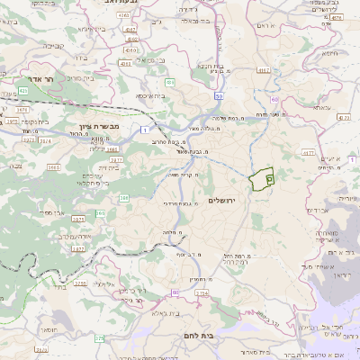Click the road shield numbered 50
pyautogui.click(x=219, y=94)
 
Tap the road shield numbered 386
pyautogui.click(x=124, y=197)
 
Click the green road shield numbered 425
pyautogui.click(x=22, y=91)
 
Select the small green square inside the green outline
pyautogui.click(x=269, y=179)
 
